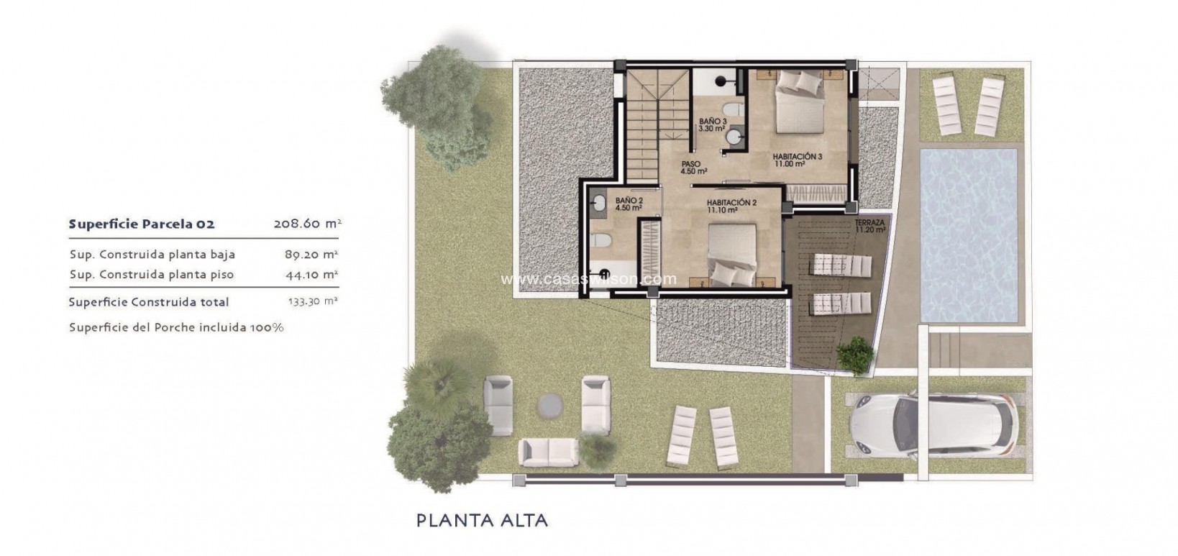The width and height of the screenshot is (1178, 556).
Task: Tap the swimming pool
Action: tap(969, 235)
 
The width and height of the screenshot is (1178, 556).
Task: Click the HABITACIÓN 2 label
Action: tap(731, 203)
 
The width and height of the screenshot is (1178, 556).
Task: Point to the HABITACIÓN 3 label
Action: tap(797, 156)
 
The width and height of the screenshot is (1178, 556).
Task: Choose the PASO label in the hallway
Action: tap(690, 165)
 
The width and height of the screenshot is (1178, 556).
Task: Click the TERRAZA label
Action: tap(869, 224)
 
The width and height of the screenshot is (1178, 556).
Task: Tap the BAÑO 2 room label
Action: tap(629, 201)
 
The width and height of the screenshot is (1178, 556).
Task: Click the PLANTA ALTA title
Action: tap(482, 520)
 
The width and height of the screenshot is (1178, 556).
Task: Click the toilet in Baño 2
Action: tap(603, 242)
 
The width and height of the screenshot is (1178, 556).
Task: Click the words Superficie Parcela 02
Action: tap(142, 224)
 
